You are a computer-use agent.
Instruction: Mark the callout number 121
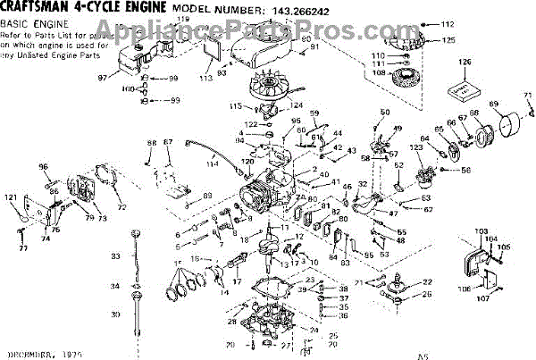point(11,197)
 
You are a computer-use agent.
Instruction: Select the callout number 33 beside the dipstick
point(114,256)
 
